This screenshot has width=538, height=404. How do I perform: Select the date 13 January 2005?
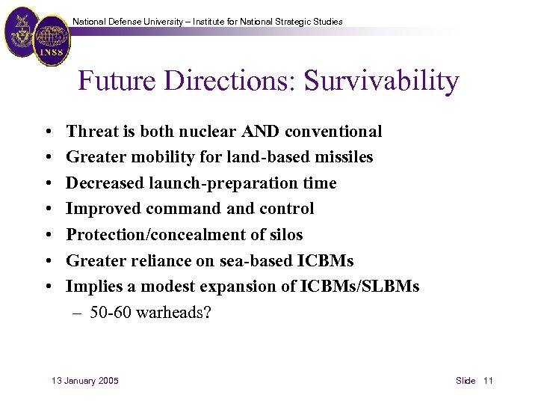click(x=84, y=381)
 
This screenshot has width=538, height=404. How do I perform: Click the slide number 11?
click(x=488, y=381)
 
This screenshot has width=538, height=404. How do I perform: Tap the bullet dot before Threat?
click(x=47, y=132)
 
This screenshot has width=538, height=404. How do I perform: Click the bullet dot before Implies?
click(x=47, y=287)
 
